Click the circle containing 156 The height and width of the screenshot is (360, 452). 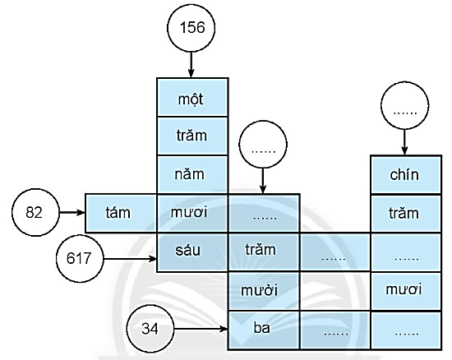coord(191,27)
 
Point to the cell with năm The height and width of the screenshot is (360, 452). coord(192,174)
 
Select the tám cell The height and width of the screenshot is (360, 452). coord(121,213)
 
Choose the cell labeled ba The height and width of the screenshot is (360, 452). coord(263,329)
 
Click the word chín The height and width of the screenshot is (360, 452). coord(404,174)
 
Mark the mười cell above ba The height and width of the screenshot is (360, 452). coord(263,290)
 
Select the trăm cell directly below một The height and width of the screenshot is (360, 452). coord(192,136)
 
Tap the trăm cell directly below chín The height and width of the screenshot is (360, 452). coord(404,213)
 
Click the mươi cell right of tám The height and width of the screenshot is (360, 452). coord(192,213)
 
